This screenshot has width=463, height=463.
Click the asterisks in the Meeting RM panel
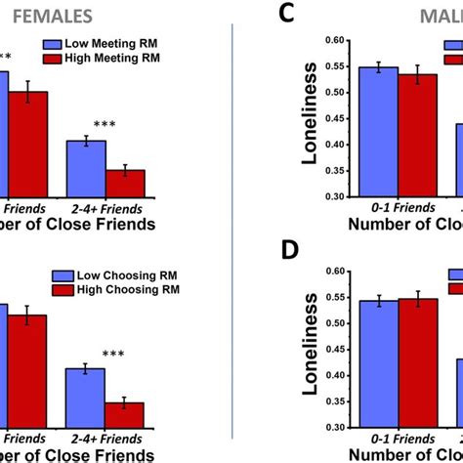105,125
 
